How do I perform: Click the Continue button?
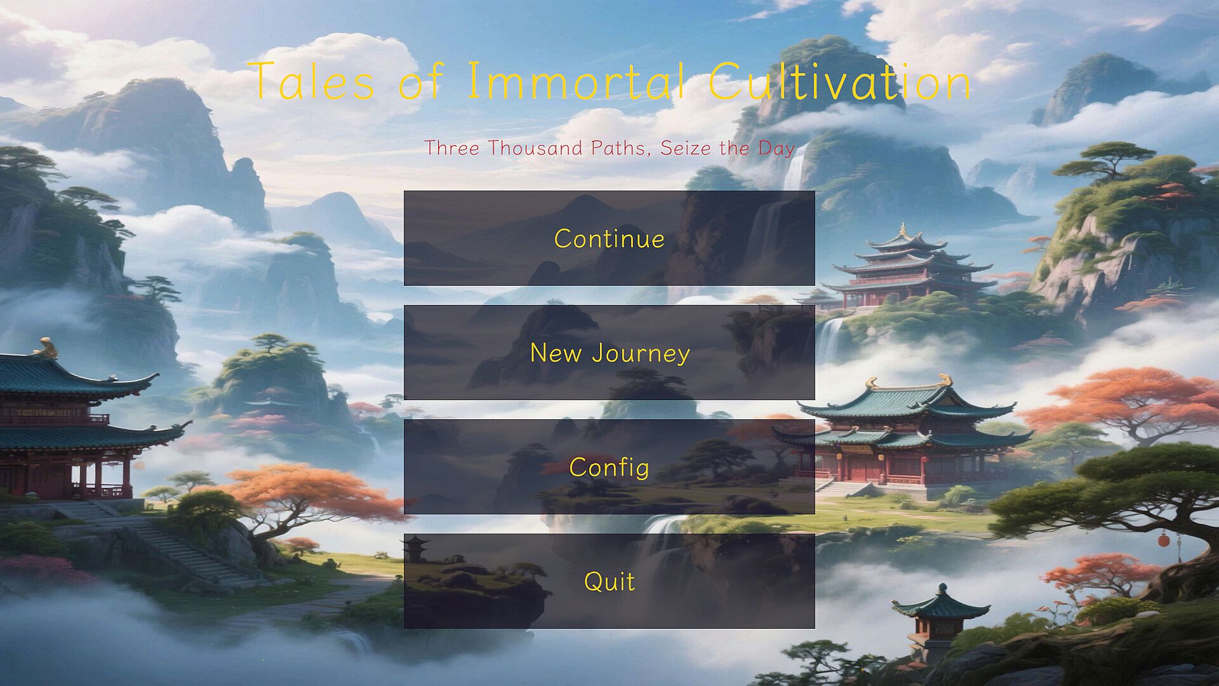pos(609,238)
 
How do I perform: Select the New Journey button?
pos(609,353)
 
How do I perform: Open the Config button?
pos(609,467)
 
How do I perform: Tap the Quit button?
pos(609,581)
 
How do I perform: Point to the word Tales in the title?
pos(311,81)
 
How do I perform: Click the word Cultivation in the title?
pos(840,81)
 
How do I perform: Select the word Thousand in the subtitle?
pos(535,148)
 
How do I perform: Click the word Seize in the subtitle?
pos(686,148)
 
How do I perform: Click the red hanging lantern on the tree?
pos(1163,540)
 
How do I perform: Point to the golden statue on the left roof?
pos(46,348)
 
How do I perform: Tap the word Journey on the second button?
pos(641,354)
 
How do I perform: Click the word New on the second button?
pos(557,353)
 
